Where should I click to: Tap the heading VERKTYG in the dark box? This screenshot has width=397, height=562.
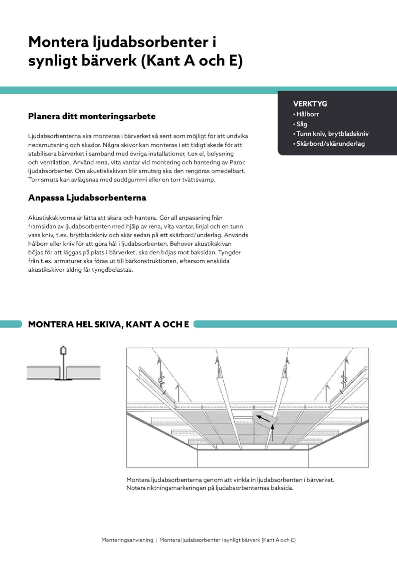[x=310, y=104]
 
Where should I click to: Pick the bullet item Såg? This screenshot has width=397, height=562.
[x=301, y=124]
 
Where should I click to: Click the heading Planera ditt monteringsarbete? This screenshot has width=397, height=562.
[x=92, y=116]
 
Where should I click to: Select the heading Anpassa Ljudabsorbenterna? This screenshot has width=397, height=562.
[x=87, y=198]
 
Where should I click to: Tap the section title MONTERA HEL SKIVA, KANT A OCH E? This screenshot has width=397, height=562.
[x=108, y=324]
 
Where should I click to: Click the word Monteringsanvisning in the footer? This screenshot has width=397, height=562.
[x=127, y=540]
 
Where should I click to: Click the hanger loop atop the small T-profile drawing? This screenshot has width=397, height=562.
[x=63, y=350]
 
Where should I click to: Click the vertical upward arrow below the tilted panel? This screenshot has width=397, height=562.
[x=273, y=433]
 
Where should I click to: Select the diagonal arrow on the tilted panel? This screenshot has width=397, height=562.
[x=264, y=418]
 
